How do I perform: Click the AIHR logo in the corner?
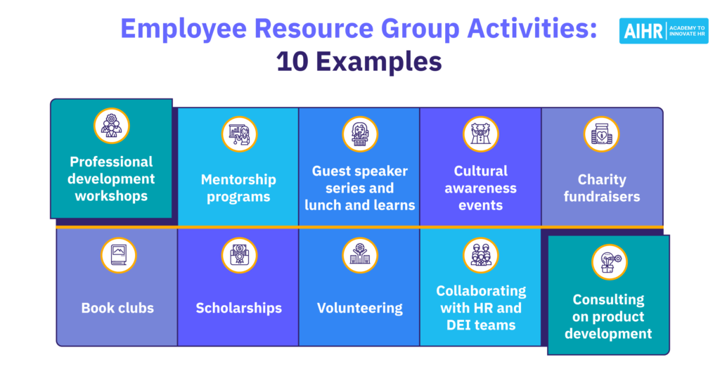click(x=664, y=31)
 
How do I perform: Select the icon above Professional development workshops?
click(x=112, y=126)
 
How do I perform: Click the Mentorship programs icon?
click(x=239, y=134)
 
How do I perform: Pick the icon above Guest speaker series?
click(x=360, y=134)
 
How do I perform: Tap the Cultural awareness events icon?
click(x=481, y=134)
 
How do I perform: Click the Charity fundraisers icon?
click(x=602, y=134)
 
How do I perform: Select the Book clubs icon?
click(x=118, y=255)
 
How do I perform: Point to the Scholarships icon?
click(x=239, y=255)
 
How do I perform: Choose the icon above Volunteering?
click(x=360, y=255)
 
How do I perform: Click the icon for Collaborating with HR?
click(x=481, y=255)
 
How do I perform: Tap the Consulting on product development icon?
click(x=610, y=262)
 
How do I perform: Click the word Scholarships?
click(x=239, y=308)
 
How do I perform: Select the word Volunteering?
click(x=360, y=308)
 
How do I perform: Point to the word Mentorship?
click(x=238, y=179)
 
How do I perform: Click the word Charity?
click(x=602, y=179)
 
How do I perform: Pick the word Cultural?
click(x=481, y=171)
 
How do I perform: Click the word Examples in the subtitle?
click(x=379, y=63)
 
